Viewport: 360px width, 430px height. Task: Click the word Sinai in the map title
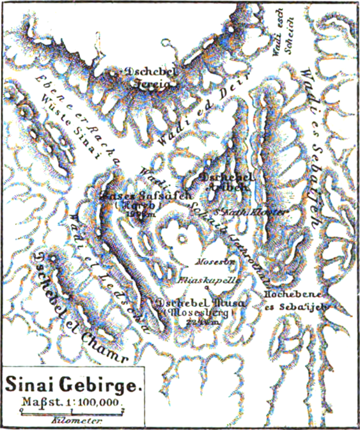(x=31, y=385)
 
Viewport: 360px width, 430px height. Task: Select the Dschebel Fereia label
(x=152, y=76)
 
